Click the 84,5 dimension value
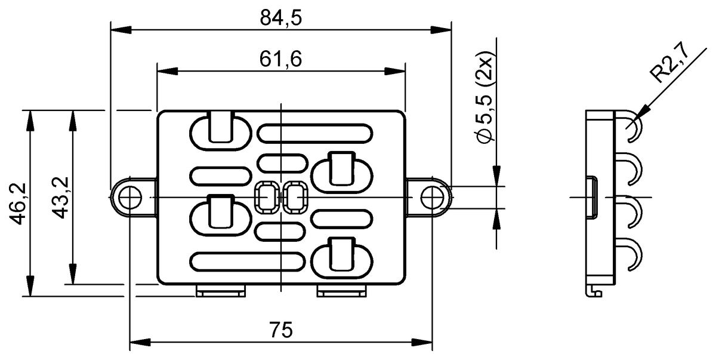pos(280,18)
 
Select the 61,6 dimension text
pos(280,59)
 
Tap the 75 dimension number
pos(281,330)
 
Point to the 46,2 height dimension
pos(17,204)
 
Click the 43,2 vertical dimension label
pos(60,198)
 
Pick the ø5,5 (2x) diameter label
pos(485,97)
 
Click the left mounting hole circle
pos(130,198)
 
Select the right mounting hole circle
pos(432,198)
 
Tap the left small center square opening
pos(267,198)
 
